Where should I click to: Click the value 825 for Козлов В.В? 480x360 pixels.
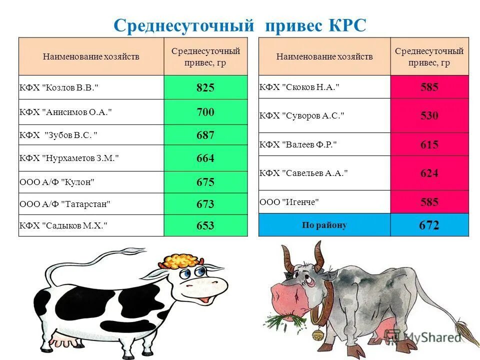[x=205, y=88]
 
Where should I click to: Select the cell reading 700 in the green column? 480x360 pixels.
[x=205, y=112]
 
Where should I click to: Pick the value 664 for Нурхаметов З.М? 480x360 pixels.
[x=205, y=158]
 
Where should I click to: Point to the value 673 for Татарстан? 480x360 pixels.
[x=205, y=204]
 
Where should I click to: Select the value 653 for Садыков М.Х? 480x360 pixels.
[x=205, y=225]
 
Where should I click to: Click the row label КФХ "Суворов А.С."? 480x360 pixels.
[x=302, y=115]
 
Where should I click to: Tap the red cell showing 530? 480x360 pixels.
[x=429, y=115]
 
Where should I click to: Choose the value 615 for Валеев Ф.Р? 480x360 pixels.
[x=429, y=144]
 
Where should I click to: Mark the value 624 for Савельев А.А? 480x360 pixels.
[x=429, y=173]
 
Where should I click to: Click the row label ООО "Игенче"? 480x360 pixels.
[x=289, y=202]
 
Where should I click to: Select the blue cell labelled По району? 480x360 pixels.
[x=324, y=225]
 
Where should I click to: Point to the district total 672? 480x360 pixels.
[x=429, y=225]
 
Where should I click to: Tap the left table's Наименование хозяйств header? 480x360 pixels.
[x=91, y=56]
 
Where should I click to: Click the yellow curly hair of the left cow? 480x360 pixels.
[x=181, y=260]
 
